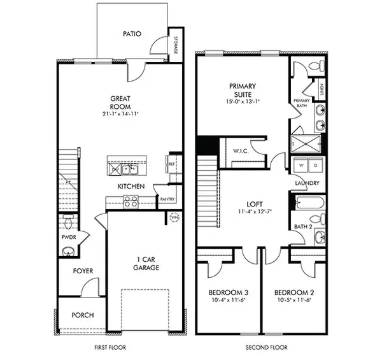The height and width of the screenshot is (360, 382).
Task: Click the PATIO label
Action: (132, 34)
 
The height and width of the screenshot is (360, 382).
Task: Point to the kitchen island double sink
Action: (127, 169)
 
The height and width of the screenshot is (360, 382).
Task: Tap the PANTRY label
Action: (167, 198)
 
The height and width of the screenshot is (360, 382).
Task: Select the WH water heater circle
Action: (174, 218)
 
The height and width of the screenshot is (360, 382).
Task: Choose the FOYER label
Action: (82, 271)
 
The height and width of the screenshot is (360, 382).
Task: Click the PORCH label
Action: (83, 315)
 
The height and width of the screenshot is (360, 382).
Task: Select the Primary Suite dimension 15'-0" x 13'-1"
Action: (242, 101)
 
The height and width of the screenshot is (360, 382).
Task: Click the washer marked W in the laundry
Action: (300, 166)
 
